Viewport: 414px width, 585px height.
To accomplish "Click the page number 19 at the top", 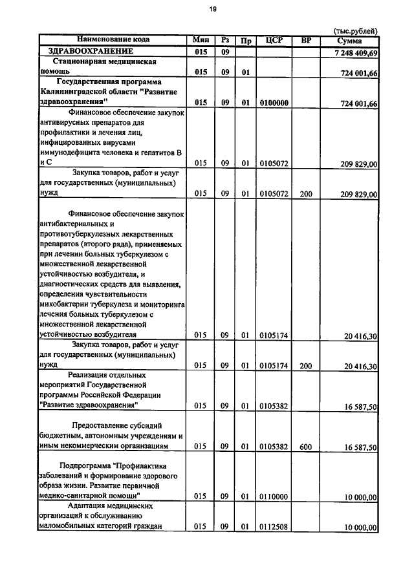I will (x=212, y=8).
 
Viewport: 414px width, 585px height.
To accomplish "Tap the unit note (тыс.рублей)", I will (x=354, y=31).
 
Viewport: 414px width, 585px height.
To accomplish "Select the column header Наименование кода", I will (x=113, y=40).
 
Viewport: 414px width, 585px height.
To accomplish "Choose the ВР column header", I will (x=306, y=40).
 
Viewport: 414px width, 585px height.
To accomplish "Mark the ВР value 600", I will (x=306, y=446).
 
